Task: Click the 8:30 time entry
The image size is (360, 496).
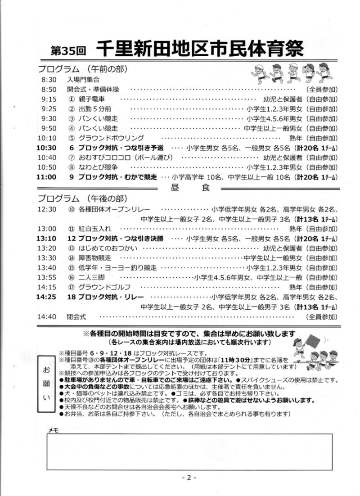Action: (x=48, y=79)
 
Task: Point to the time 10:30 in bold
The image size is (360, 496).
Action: (x=47, y=148)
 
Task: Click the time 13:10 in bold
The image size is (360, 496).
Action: (x=47, y=238)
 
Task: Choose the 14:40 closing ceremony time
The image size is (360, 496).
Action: (x=47, y=317)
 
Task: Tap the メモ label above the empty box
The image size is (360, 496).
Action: (x=53, y=430)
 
